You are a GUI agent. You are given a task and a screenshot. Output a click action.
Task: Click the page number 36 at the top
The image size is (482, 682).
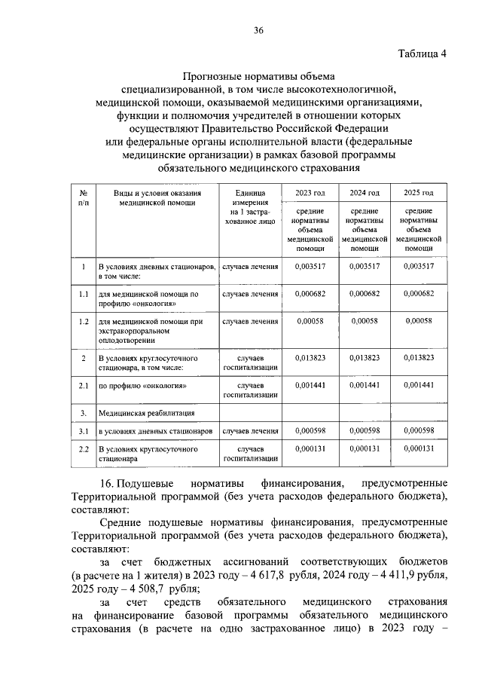[258, 30]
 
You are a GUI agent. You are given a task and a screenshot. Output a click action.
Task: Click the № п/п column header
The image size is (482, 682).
[84, 198]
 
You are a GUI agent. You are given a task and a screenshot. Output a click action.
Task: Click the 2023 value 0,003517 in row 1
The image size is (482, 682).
[310, 266]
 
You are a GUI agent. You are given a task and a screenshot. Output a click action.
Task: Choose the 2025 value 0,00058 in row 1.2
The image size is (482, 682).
[419, 321]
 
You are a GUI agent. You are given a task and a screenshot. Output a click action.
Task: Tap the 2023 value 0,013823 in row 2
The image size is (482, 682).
[310, 357]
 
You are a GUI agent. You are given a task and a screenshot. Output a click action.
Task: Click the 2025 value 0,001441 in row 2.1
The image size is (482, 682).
[419, 385]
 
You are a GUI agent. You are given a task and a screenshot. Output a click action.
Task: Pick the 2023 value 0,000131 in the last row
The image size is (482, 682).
[310, 449]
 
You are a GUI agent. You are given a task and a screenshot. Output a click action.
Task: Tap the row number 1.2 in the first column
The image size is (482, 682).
[84, 322]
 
